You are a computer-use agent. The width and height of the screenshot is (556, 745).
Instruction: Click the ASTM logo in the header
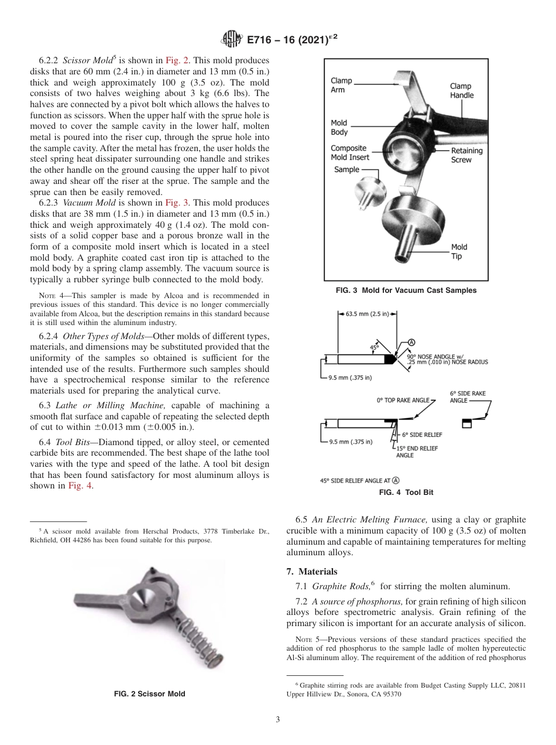(x=232, y=40)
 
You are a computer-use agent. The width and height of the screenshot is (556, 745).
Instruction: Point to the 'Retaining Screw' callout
(x=466, y=155)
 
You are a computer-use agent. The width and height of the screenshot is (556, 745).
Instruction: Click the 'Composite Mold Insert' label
(x=349, y=153)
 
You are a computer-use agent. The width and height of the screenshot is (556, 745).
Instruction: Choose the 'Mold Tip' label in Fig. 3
(x=459, y=251)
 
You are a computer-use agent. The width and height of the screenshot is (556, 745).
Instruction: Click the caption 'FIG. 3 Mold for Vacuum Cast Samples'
(x=406, y=291)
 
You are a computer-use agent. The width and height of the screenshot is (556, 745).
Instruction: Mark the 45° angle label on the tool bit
(x=374, y=347)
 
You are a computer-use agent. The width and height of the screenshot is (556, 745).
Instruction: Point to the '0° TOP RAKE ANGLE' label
(x=402, y=401)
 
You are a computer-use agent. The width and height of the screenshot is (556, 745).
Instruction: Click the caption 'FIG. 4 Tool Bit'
(x=406, y=493)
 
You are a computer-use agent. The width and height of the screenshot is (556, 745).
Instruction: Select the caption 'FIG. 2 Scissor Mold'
(x=149, y=694)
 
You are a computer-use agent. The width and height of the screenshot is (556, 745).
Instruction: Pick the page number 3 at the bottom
(x=278, y=720)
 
